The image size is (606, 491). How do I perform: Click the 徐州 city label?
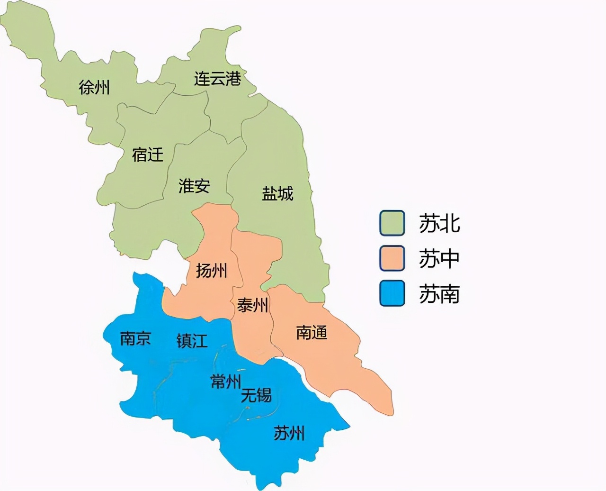click(x=94, y=87)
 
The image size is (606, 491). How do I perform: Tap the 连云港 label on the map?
click(x=217, y=78)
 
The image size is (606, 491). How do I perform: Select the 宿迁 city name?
click(x=147, y=155)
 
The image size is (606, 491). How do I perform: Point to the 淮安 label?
click(x=194, y=186)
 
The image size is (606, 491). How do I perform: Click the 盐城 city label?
click(x=277, y=193)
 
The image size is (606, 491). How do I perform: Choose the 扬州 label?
click(x=212, y=271)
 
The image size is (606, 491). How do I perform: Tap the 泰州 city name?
click(x=253, y=306)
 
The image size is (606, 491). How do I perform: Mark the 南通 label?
click(x=312, y=333)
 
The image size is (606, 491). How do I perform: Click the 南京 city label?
click(x=135, y=338)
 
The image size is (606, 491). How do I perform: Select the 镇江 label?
click(x=192, y=341)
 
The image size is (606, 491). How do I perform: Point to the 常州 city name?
click(x=226, y=382)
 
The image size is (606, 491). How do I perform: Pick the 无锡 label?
click(x=256, y=395)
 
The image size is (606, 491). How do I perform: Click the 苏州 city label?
click(x=289, y=433)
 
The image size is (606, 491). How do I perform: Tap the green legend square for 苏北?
click(x=392, y=223)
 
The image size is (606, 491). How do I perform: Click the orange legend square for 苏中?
click(x=392, y=258)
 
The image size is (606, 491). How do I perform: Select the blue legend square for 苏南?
click(x=392, y=294)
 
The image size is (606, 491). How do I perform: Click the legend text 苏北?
click(x=439, y=223)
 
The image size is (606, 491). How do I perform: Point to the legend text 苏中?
click(x=439, y=259)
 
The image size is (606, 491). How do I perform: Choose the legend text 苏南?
click(x=439, y=294)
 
